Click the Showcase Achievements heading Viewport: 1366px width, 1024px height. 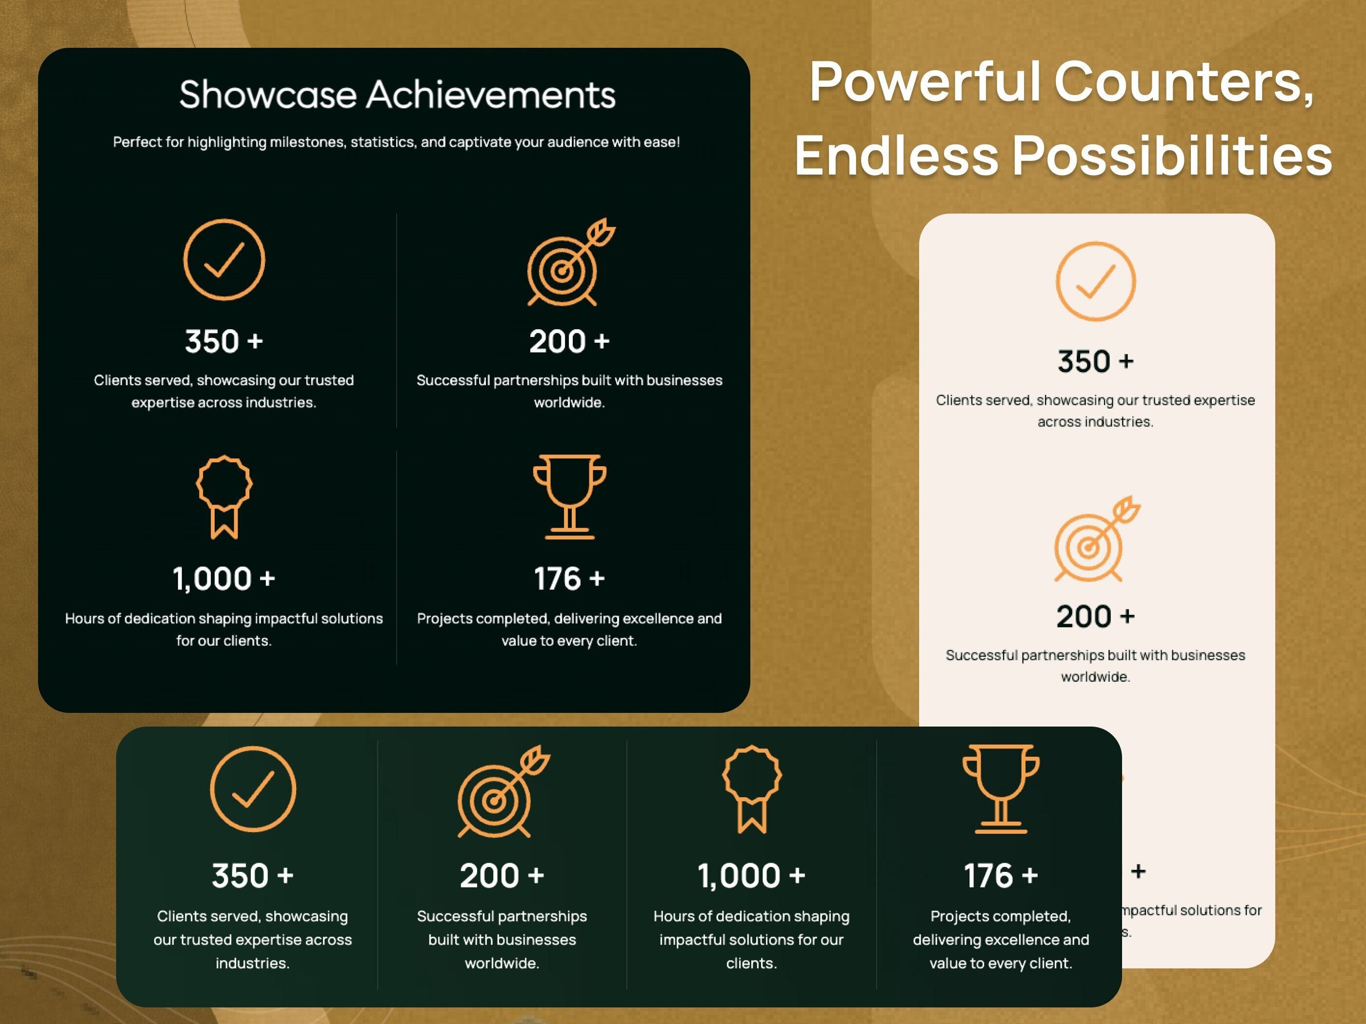click(397, 95)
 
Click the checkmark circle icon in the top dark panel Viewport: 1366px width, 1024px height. click(224, 259)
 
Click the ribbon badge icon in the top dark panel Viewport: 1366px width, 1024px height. click(224, 497)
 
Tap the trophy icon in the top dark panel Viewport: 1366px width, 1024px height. click(569, 497)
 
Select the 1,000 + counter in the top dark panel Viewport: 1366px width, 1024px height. click(223, 579)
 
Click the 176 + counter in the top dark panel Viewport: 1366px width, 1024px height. click(569, 579)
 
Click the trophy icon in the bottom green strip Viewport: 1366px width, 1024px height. click(1001, 789)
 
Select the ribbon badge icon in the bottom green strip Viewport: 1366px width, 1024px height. click(752, 789)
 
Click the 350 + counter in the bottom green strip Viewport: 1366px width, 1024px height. click(253, 876)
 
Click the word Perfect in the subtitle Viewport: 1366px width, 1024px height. click(137, 142)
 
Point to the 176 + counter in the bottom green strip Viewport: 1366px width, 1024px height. click(1001, 876)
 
